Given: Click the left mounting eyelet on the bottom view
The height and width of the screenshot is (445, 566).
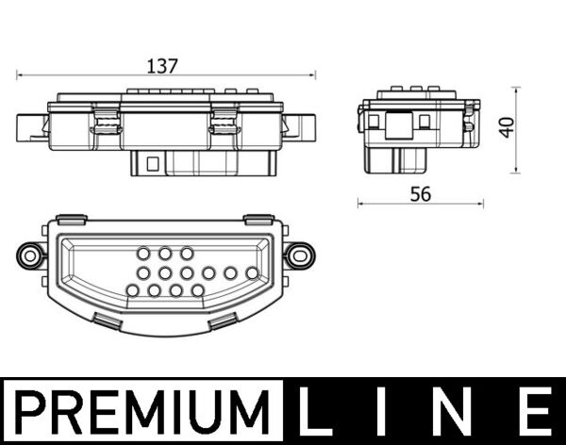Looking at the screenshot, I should pos(30,255).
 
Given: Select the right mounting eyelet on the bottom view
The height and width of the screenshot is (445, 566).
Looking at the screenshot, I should pos(299,254).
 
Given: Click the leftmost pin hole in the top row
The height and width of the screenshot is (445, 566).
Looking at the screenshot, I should pos(143,254).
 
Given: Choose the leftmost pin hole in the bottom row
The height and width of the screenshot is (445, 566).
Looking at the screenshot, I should pos(132,290).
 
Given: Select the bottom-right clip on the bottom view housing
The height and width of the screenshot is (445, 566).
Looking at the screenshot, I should pos(224,322).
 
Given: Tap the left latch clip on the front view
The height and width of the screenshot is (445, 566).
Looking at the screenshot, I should pos(107,123).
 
